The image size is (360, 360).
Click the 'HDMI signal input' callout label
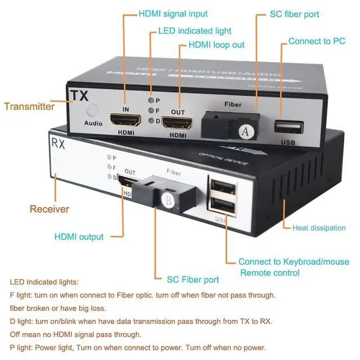[x=173, y=13]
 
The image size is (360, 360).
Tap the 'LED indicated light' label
[x=195, y=31]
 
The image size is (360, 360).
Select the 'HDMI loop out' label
[x=217, y=44]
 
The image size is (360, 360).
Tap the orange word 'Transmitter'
[x=29, y=106]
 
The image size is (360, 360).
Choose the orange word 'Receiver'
[x=49, y=209]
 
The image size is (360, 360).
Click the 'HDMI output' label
[x=79, y=237]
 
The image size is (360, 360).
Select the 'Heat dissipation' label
[x=319, y=228]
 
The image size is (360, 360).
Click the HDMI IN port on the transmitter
[x=125, y=119]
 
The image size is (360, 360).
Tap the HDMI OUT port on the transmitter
[x=178, y=123]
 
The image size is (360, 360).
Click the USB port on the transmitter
[x=289, y=127]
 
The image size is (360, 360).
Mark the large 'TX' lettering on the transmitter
[x=79, y=94]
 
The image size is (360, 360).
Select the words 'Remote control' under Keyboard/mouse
[x=270, y=273]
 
